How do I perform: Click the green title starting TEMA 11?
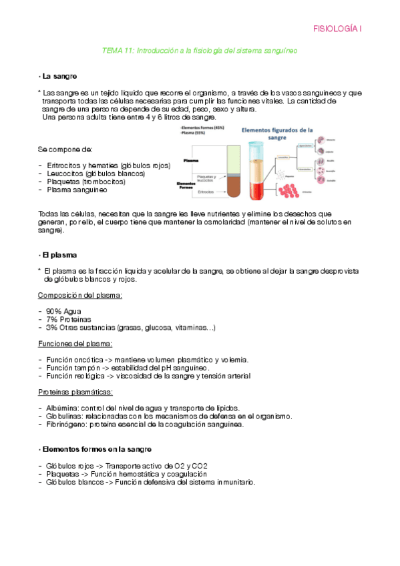[x=199, y=50]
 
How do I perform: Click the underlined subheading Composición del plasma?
[x=79, y=295]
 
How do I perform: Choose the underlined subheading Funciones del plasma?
[x=75, y=344]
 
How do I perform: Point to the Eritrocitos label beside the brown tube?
[x=206, y=192]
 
